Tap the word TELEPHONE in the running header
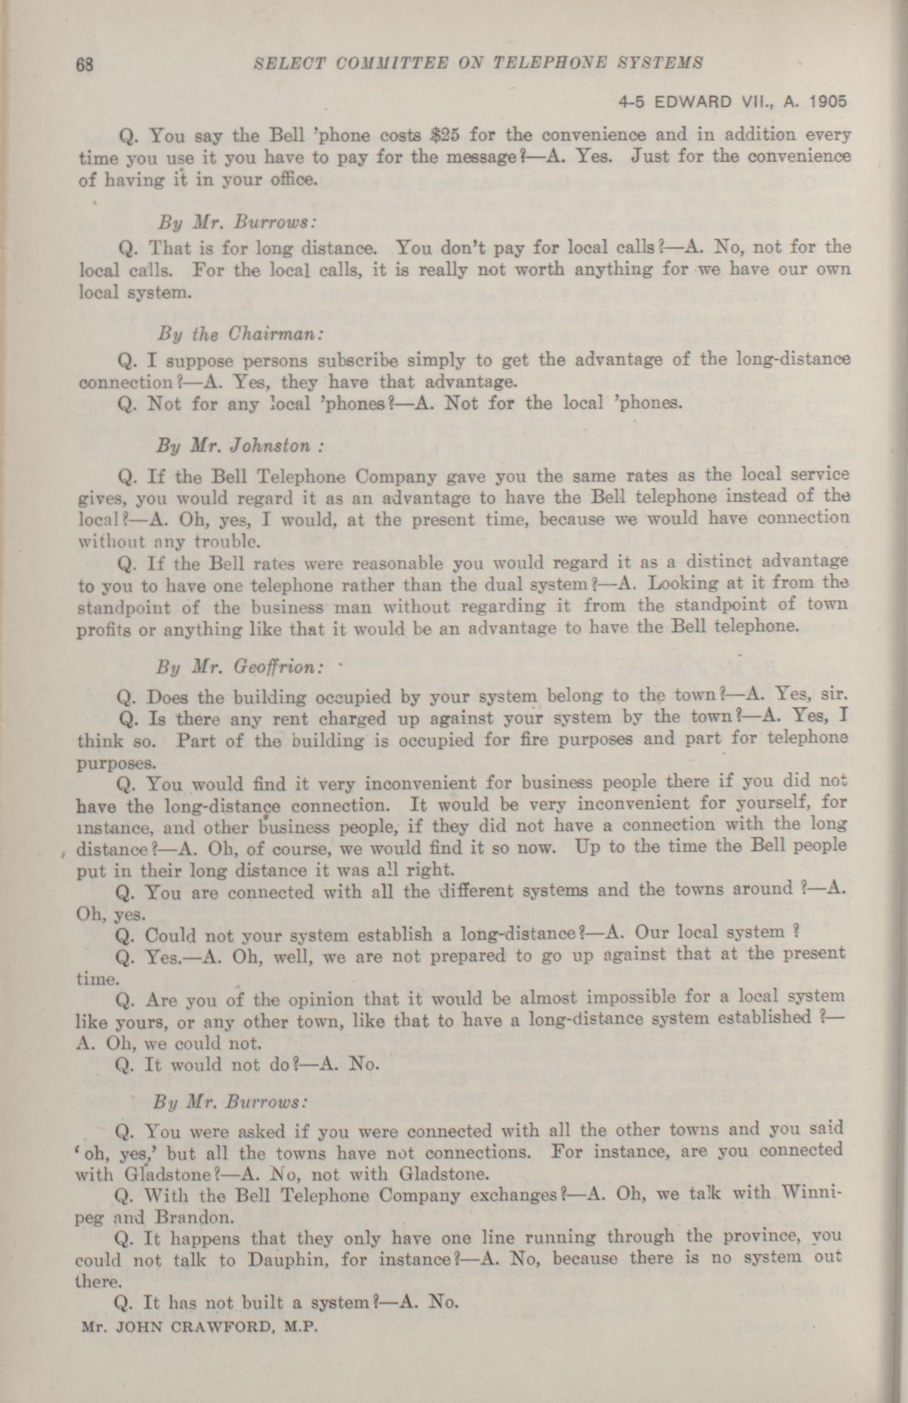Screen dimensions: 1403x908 (548, 63)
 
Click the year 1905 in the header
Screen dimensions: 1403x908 (828, 102)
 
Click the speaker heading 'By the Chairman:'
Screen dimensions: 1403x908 (240, 334)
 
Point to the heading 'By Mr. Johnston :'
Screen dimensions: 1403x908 (240, 445)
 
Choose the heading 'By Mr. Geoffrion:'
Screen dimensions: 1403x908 (240, 668)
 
